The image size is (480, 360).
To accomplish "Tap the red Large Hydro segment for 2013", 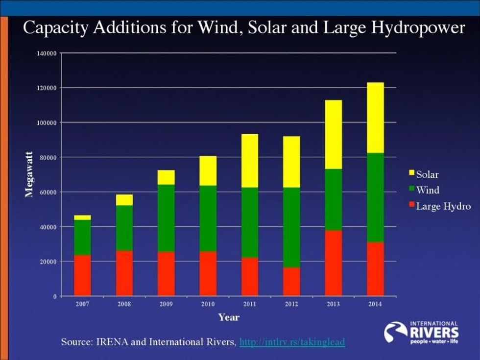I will (334, 263).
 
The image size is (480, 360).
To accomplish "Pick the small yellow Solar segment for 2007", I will (82, 217).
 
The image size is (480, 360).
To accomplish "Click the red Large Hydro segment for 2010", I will (208, 274).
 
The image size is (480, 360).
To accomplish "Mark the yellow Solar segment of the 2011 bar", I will (250, 161).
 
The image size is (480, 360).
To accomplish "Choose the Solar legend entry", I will (424, 174).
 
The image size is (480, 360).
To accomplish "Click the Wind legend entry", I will (424, 190).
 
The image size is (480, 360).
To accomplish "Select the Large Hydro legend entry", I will (439, 206).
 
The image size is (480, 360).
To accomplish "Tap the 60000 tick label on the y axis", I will (48, 192).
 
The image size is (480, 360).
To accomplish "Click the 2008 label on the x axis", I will (124, 304).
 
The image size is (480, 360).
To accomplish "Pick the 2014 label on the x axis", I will (376, 304).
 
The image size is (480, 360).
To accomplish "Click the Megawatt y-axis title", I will (29, 174).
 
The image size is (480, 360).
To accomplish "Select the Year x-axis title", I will (229, 317).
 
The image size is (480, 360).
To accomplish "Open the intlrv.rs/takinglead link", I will (292, 341).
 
